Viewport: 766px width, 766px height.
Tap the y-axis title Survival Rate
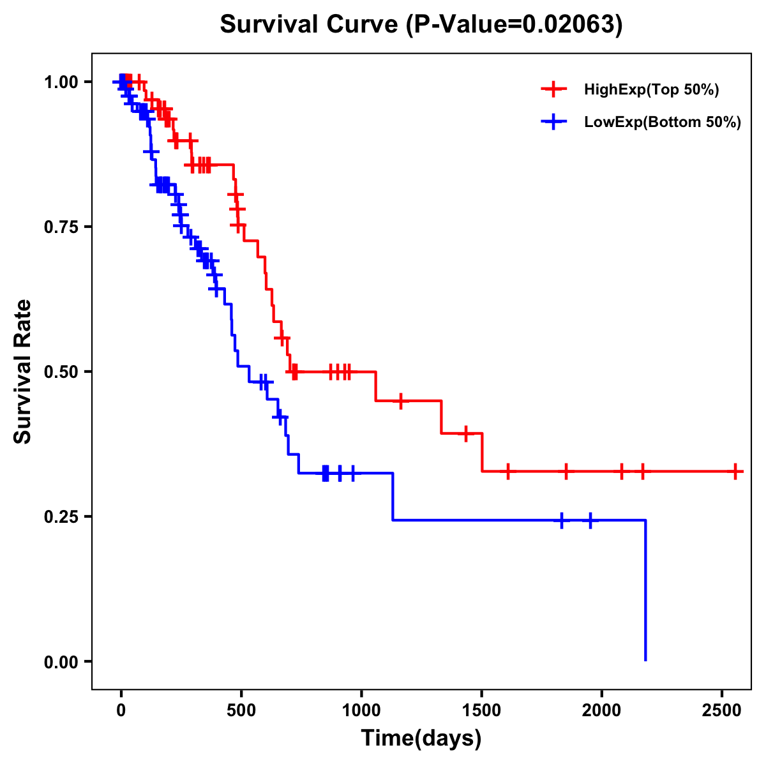click(23, 372)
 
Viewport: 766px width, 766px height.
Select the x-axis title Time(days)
click(421, 739)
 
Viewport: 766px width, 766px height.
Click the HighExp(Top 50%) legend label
click(651, 89)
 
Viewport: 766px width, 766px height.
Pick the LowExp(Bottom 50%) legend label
click(663, 122)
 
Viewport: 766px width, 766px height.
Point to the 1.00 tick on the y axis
click(61, 82)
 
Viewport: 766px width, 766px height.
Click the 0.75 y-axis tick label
click(61, 227)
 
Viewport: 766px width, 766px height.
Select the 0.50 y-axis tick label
click(61, 372)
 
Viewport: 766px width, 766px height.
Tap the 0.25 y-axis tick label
click(61, 516)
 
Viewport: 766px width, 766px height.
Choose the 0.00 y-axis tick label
click(61, 661)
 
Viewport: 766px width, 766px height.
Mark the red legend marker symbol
click(553, 89)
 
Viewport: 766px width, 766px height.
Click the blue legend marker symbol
click(553, 122)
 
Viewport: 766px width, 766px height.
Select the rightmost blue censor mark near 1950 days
click(590, 521)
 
